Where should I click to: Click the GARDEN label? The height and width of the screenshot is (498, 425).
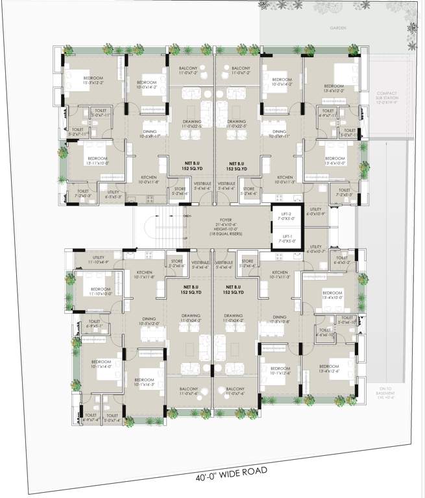(x=338, y=28)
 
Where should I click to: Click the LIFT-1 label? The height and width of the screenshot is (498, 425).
(x=286, y=239)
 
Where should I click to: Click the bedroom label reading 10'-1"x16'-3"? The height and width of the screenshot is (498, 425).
(x=144, y=382)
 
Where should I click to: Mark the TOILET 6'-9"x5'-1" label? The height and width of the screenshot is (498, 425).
(x=94, y=324)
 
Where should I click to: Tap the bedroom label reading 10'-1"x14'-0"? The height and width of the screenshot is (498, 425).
(x=101, y=364)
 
